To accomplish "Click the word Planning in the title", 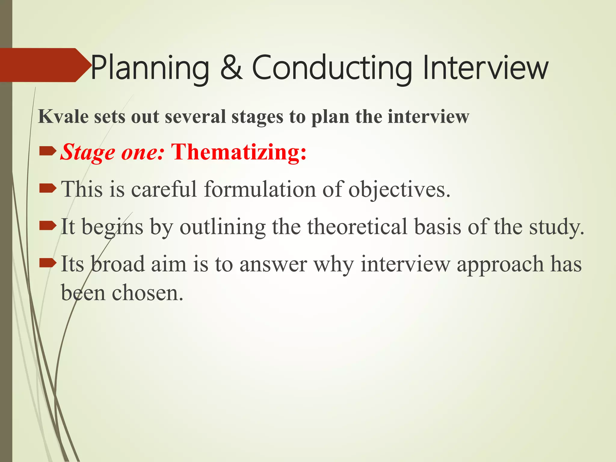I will pos(149,69).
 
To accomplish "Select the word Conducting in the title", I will pos(331,69).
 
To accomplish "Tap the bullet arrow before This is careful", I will pos(48,189).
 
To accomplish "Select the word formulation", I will pos(260,189).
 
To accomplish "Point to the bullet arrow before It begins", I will pos(48,226).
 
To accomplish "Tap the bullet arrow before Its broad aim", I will pos(48,263).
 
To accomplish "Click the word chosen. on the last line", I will pos(147,293).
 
